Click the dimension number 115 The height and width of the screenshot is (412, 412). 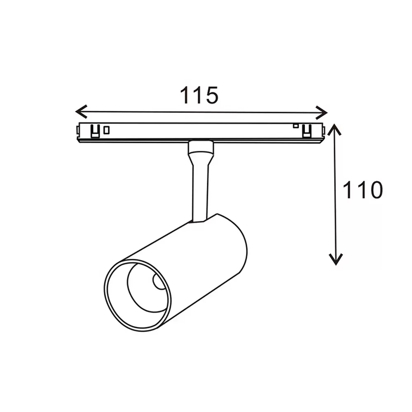(x=199, y=96)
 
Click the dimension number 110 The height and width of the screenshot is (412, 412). (x=363, y=190)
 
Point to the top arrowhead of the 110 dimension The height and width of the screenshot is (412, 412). (x=336, y=129)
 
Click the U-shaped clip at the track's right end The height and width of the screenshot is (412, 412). (x=306, y=131)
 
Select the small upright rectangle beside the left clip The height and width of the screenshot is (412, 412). (x=106, y=130)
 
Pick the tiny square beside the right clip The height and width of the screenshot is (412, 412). (x=295, y=125)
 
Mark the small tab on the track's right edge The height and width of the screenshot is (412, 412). (x=324, y=131)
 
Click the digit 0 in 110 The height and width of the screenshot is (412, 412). (x=375, y=190)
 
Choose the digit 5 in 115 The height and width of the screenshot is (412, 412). (x=210, y=96)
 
